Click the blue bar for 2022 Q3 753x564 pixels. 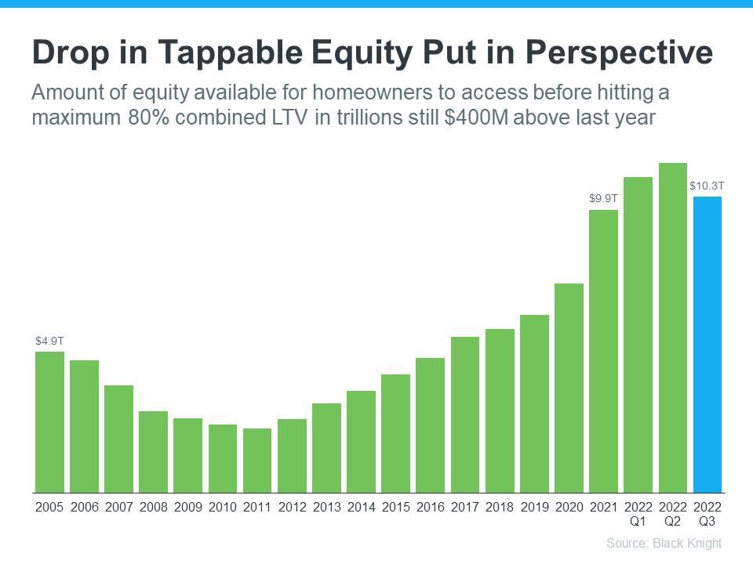click(x=707, y=345)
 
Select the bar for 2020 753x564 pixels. click(x=569, y=388)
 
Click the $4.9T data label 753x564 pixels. click(x=49, y=341)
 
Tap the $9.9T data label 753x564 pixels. click(x=603, y=199)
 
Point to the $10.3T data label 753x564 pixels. click(x=707, y=186)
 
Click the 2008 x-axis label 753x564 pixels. click(x=154, y=507)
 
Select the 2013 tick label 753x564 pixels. click(x=326, y=507)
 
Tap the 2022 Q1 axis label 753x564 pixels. click(x=638, y=514)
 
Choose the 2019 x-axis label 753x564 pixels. click(x=534, y=507)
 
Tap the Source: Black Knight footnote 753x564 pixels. click(x=664, y=543)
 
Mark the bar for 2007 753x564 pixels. click(x=118, y=439)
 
